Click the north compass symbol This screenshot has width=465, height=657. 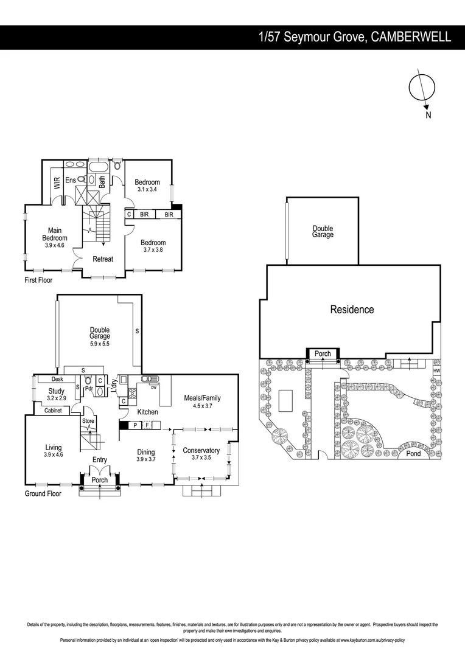click(421, 88)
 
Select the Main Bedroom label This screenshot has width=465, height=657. click(54, 234)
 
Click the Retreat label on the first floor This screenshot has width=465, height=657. click(103, 259)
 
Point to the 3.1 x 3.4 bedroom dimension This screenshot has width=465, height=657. click(147, 190)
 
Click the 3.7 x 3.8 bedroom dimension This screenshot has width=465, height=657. click(153, 250)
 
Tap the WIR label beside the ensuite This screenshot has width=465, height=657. click(57, 183)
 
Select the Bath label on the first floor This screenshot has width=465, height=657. click(102, 181)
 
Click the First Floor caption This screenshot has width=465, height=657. click(38, 280)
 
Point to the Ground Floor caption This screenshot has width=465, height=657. click(43, 493)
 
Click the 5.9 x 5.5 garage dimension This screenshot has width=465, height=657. click(100, 343)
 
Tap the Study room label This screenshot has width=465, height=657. click(57, 391)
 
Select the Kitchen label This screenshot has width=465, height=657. click(147, 412)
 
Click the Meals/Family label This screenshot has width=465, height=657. click(202, 398)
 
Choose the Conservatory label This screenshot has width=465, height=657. click(201, 450)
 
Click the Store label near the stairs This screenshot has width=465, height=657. click(88, 420)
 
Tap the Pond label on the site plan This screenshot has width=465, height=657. click(413, 454)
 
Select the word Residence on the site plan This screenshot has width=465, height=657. click(352, 310)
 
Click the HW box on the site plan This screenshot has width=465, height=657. click(436, 370)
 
